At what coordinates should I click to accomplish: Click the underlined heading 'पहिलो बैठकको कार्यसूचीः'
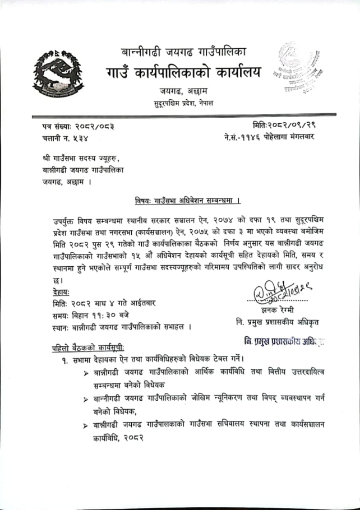87,347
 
